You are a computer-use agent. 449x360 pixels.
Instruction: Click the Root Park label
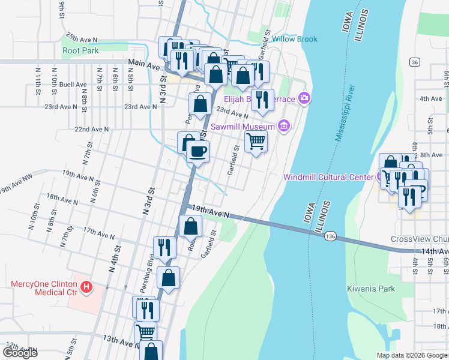tap(80, 51)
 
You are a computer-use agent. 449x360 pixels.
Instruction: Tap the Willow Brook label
tap(294, 40)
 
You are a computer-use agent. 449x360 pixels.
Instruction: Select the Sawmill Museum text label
tap(243, 127)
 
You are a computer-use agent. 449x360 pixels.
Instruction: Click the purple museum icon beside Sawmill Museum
tap(284, 126)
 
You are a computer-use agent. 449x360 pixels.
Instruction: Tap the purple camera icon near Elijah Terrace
tap(305, 98)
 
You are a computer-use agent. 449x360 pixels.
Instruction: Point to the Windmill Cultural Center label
tap(328, 176)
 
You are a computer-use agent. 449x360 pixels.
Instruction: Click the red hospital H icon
tap(86, 287)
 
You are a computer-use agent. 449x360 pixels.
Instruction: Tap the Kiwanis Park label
tap(371, 289)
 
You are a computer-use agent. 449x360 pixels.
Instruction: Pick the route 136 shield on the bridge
tap(330, 237)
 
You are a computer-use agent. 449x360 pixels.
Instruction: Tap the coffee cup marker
tap(197, 151)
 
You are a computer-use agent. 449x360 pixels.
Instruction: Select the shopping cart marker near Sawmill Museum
tap(256, 142)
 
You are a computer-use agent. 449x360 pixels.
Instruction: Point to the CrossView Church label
tap(419, 239)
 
